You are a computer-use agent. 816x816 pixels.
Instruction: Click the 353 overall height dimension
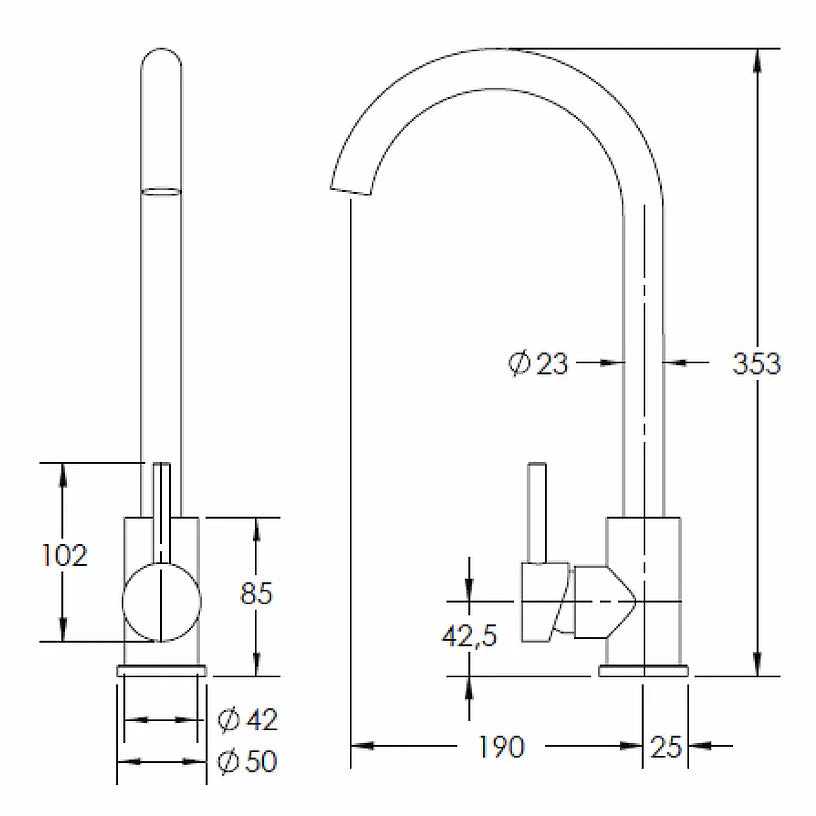pos(756,363)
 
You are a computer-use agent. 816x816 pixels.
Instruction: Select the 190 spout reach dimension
pos(501,746)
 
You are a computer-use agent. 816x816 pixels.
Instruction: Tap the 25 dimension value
pos(666,746)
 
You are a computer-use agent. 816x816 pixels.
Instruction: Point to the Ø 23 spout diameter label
pos(538,363)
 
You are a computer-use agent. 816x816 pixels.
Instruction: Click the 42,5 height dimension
pos(469,635)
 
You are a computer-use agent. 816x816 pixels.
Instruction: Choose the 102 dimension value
pos(65,555)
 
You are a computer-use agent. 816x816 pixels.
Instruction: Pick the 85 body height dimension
pos(256,593)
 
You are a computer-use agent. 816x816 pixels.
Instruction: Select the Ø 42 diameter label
pos(248,720)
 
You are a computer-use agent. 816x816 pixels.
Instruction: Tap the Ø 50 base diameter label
pos(248,761)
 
